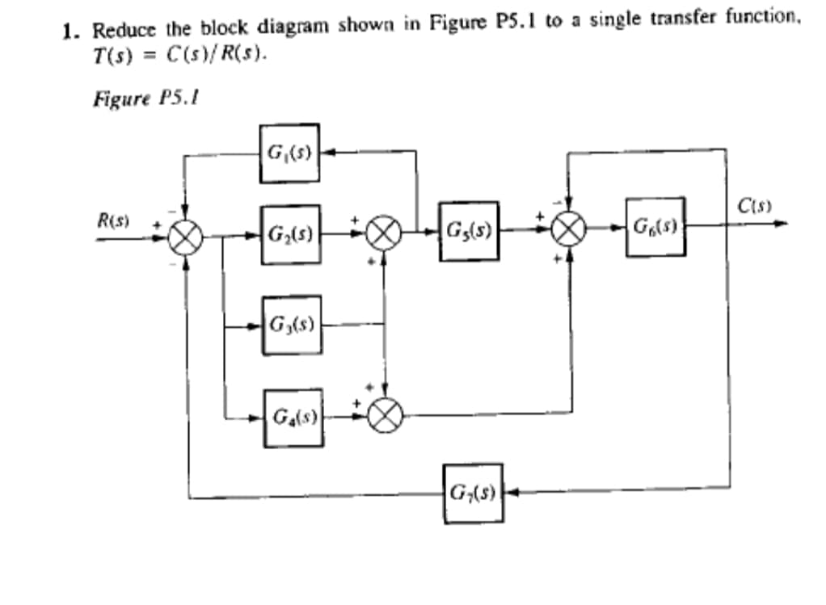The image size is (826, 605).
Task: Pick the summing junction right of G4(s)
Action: coord(385,416)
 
